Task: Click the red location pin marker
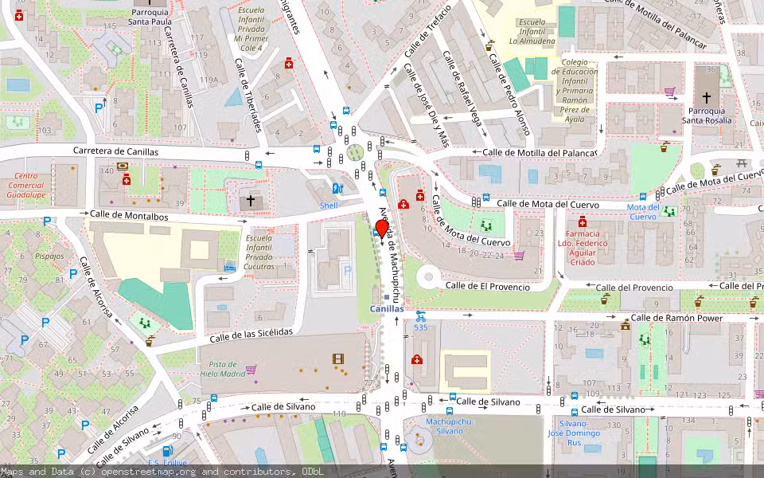point(381,229)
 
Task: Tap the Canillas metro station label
point(386,308)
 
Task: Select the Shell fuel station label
point(329,206)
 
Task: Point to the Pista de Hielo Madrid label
point(222,369)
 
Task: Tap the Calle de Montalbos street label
point(129,214)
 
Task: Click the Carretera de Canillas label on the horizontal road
point(115,151)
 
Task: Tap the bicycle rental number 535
point(420,327)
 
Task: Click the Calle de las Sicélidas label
point(251,335)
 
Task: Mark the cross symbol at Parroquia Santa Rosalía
point(706,95)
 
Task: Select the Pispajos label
point(49,257)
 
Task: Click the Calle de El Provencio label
point(486,285)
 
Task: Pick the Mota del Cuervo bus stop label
point(642,212)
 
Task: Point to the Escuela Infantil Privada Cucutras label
point(259,252)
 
